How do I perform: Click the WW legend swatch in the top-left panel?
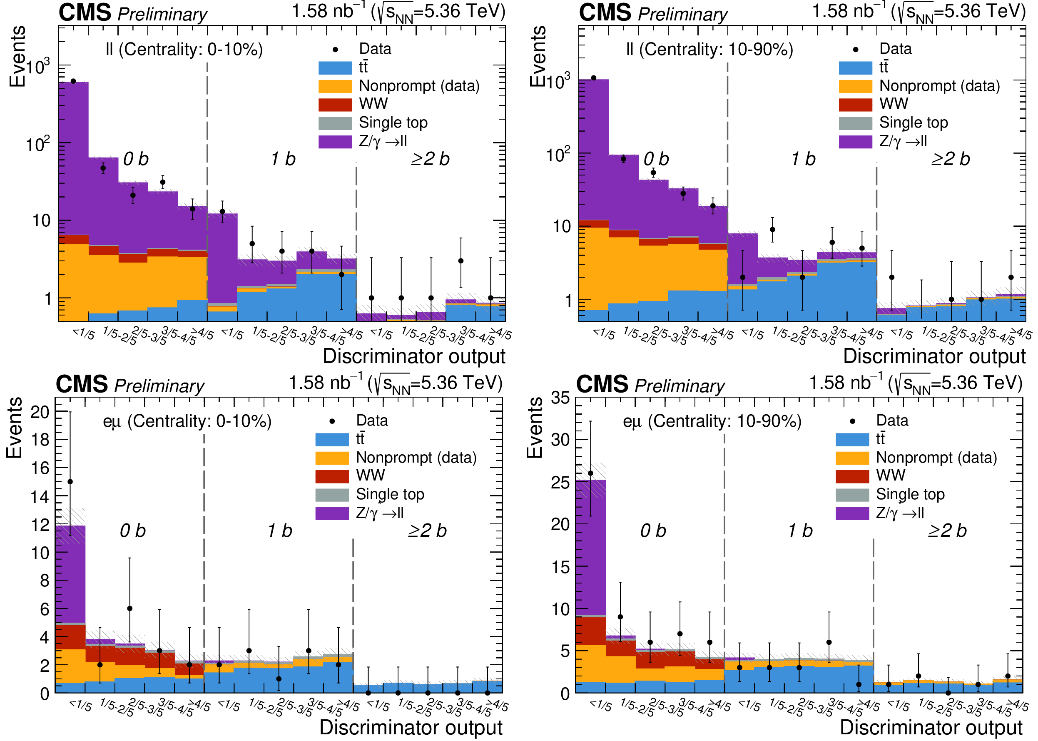pos(335,105)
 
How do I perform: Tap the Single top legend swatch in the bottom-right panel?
pos(852,495)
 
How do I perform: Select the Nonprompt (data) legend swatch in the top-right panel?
pos(855,86)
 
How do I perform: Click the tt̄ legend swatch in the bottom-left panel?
pos(332,439)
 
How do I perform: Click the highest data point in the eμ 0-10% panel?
pos(70,482)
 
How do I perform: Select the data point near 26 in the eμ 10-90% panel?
pos(590,473)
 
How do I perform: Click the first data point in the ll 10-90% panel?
pos(594,78)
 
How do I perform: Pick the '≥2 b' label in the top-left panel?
pos(430,159)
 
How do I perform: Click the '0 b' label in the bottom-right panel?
pos(653,531)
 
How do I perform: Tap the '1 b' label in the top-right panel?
pos(803,159)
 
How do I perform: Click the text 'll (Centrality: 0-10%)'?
pos(184,49)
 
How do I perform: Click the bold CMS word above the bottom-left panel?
pos(82,384)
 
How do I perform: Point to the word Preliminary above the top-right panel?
pos(682,15)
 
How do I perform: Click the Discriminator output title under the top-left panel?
pos(414,356)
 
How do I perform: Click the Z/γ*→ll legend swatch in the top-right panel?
pos(855,141)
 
